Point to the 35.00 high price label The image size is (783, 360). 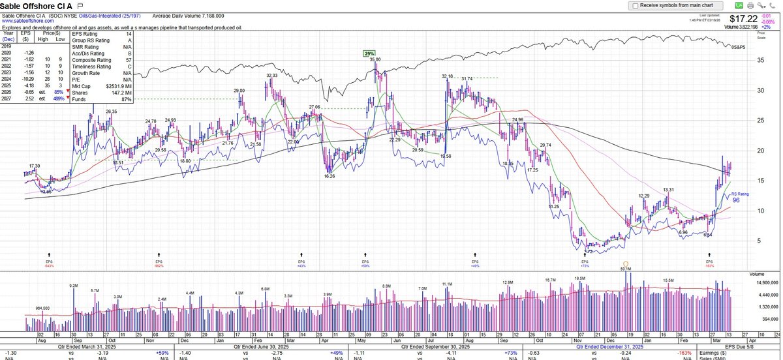[x=375, y=59]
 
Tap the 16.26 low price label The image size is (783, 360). [x=330, y=176]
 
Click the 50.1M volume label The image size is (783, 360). [x=626, y=268]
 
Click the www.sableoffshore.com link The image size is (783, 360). [x=27, y=20]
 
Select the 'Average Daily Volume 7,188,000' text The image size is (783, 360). [x=188, y=14]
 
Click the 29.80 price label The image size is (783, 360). [x=239, y=91]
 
